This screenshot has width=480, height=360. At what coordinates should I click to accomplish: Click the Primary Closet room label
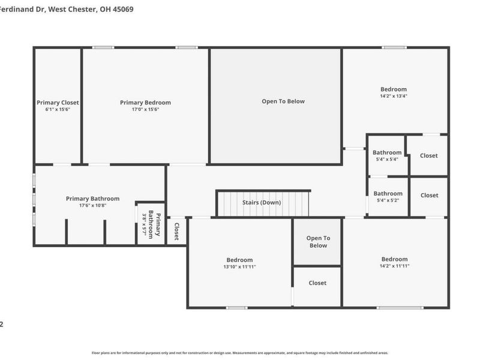pyautogui.click(x=58, y=103)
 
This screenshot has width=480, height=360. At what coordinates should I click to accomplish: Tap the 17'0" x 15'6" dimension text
pyautogui.click(x=145, y=109)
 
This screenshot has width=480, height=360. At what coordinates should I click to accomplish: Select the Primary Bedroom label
pyautogui.click(x=145, y=103)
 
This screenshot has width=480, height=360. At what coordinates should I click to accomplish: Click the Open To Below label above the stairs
pyautogui.click(x=283, y=101)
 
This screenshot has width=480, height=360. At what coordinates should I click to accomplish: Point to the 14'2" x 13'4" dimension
pyautogui.click(x=394, y=96)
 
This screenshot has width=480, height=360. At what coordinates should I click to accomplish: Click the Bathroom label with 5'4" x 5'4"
pyautogui.click(x=387, y=153)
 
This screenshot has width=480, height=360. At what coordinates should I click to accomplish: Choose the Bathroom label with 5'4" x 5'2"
pyautogui.click(x=388, y=194)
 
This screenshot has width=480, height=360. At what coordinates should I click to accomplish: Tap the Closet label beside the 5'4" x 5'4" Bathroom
pyautogui.click(x=428, y=156)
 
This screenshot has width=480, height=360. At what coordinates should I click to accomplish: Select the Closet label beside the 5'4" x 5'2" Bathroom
pyautogui.click(x=428, y=196)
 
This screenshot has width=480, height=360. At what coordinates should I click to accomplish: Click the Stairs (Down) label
pyautogui.click(x=262, y=202)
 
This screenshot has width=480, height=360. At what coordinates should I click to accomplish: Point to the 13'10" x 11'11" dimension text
pyautogui.click(x=239, y=266)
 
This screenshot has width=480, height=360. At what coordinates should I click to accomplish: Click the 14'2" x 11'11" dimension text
pyautogui.click(x=394, y=266)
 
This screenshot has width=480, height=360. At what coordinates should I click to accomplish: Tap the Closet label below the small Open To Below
pyautogui.click(x=317, y=283)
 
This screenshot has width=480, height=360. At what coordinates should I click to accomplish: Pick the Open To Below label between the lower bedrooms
pyautogui.click(x=317, y=242)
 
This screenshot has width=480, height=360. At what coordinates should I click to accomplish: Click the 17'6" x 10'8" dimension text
pyautogui.click(x=92, y=205)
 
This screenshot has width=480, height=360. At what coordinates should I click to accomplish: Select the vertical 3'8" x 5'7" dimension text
pyautogui.click(x=144, y=223)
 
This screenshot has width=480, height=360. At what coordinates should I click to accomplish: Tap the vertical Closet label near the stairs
pyautogui.click(x=176, y=232)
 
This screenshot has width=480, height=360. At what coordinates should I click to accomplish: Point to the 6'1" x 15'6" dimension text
pyautogui.click(x=58, y=109)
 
